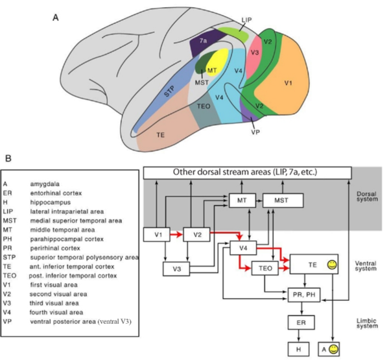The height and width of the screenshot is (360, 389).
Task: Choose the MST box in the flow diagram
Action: (282, 201)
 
